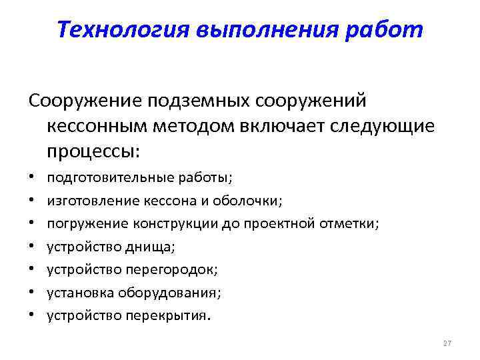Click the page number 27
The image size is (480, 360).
point(447,343)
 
